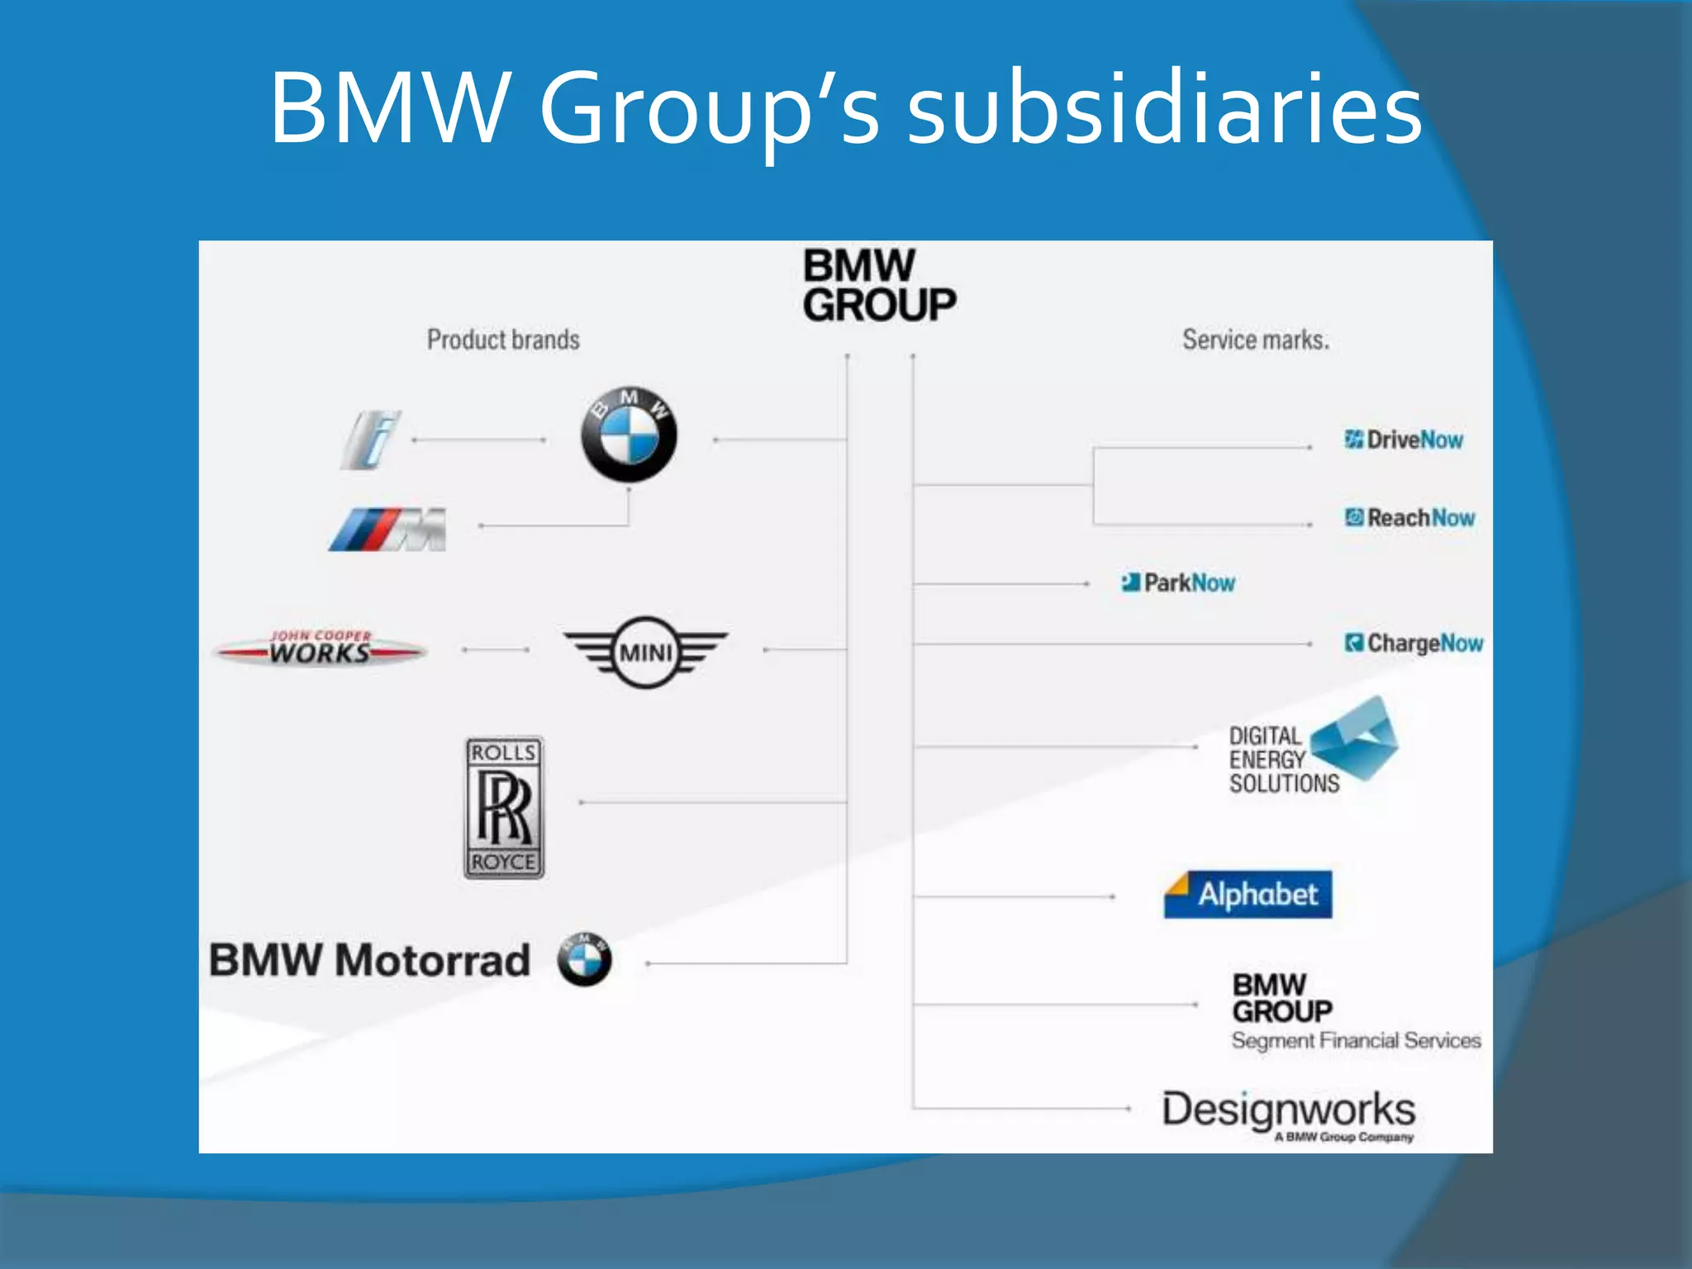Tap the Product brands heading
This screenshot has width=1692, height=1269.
point(503,340)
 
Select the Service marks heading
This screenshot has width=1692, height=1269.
point(1256,340)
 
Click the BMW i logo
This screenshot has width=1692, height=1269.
point(372,440)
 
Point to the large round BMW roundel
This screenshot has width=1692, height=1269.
point(629,435)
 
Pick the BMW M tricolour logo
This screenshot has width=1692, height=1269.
point(387,530)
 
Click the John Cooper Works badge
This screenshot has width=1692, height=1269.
point(321,649)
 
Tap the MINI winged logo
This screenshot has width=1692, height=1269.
point(645,652)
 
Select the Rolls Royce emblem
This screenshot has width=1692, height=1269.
point(504,808)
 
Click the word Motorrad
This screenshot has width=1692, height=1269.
point(433,961)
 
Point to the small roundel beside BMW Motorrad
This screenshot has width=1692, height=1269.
point(585,959)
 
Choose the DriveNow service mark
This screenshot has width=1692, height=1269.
point(1404,440)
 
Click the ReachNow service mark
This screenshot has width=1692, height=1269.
point(1409,518)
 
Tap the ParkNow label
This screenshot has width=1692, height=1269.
point(1179,583)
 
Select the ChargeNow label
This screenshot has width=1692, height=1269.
point(1414,643)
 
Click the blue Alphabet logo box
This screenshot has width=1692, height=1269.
point(1248,895)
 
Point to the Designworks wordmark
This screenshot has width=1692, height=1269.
point(1289,1110)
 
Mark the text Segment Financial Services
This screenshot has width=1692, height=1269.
point(1356,1041)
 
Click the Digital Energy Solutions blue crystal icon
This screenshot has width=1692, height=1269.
point(1355,737)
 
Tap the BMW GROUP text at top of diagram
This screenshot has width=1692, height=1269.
point(878,286)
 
